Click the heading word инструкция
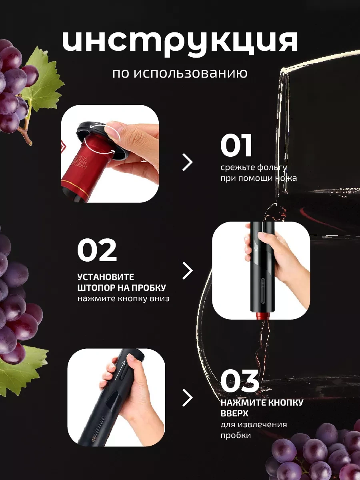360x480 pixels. pos(180,43)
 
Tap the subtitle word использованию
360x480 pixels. pos(191,74)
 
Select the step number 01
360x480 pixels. pos(236,146)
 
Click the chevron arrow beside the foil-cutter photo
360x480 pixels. pos(188,162)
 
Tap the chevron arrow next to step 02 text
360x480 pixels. pos(188,271)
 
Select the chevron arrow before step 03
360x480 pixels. pos(188,398)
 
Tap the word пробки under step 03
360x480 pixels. pos(236,435)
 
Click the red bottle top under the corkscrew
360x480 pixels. pos(262,316)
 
